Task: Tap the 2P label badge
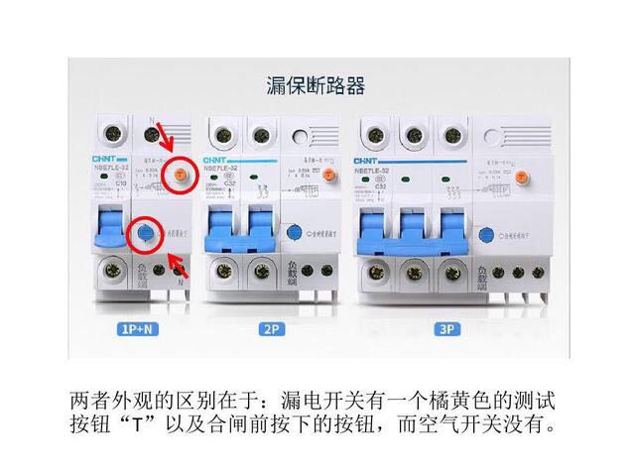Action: coord(271,329)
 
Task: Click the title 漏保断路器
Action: coord(317,86)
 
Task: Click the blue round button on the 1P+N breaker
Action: coord(146,234)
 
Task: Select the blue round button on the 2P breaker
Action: coord(294,234)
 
